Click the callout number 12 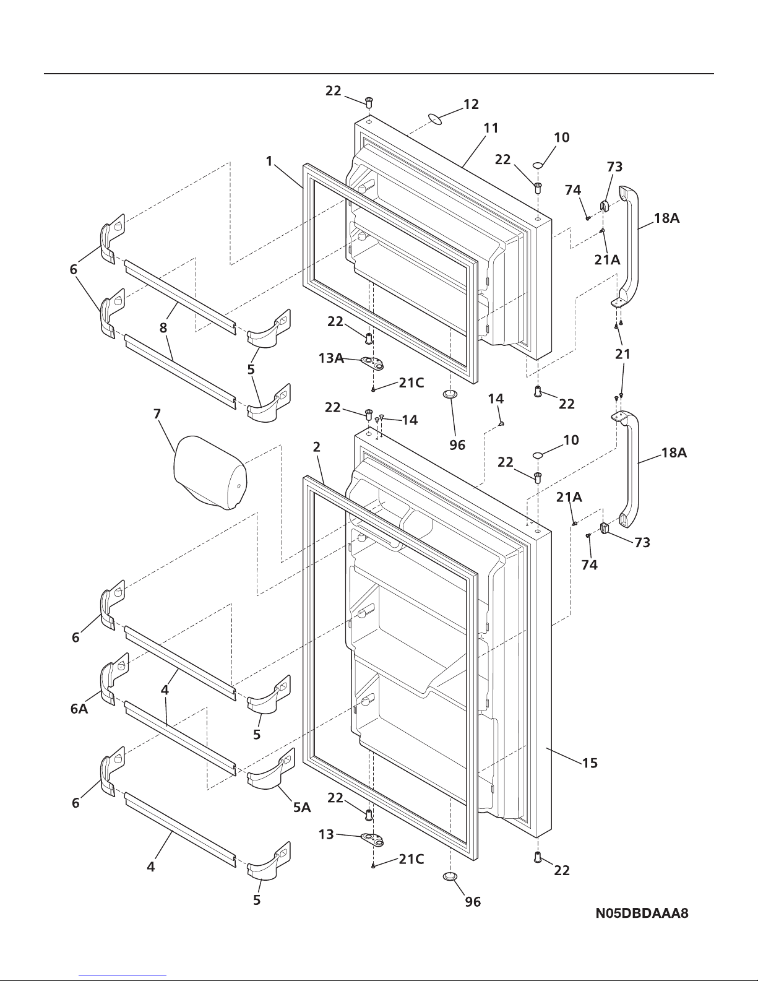471,104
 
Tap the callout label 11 491,128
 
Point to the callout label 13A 331,358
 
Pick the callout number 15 590,763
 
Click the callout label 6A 79,709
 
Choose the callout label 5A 302,808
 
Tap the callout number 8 163,328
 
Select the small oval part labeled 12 437,118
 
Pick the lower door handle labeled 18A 630,470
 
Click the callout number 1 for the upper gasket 269,161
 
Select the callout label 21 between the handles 622,354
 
